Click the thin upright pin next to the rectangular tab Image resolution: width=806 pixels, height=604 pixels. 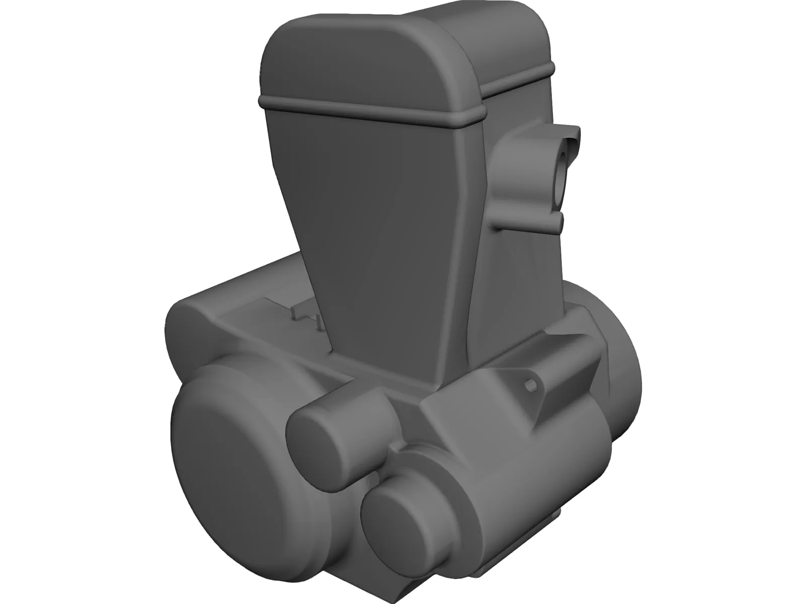(319, 322)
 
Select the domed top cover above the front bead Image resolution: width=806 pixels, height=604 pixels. (363, 55)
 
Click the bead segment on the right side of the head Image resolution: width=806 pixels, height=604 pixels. (519, 81)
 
